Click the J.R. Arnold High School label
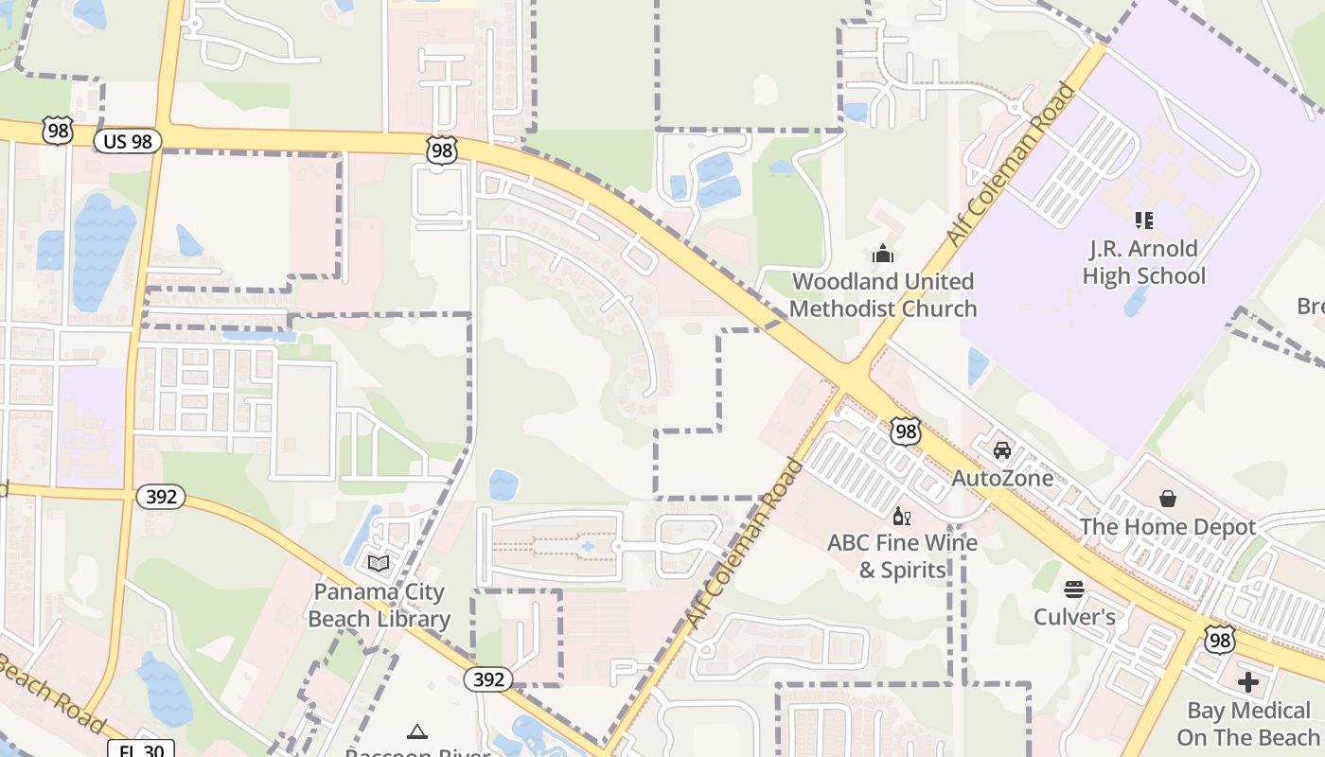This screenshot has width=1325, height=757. [x=1143, y=263]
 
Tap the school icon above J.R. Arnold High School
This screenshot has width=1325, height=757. [x=1143, y=220]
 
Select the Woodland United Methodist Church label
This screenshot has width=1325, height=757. [x=882, y=295]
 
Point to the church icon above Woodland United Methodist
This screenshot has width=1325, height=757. [x=882, y=254]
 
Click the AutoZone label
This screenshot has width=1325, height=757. [x=1002, y=478]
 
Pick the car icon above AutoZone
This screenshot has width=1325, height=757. [x=1002, y=449]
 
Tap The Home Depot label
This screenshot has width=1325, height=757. [x=1168, y=527]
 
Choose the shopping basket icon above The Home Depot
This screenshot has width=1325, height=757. [x=1168, y=498]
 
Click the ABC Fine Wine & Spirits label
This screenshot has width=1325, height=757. [x=902, y=556]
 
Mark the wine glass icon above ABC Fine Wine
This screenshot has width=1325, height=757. [x=901, y=516]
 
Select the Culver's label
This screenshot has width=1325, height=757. [x=1074, y=618]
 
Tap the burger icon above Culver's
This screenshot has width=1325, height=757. [x=1073, y=590]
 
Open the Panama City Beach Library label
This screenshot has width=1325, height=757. [x=380, y=606]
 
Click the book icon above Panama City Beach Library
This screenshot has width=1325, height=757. [x=379, y=564]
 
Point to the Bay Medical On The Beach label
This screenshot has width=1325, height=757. [x=1247, y=724]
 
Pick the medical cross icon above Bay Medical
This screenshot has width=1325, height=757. [x=1247, y=681]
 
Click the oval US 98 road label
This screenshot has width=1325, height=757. [x=128, y=142]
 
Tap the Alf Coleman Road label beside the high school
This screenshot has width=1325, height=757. [x=1012, y=165]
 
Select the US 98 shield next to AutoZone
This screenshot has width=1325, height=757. [x=906, y=431]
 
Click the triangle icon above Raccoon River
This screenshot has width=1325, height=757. [x=417, y=731]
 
